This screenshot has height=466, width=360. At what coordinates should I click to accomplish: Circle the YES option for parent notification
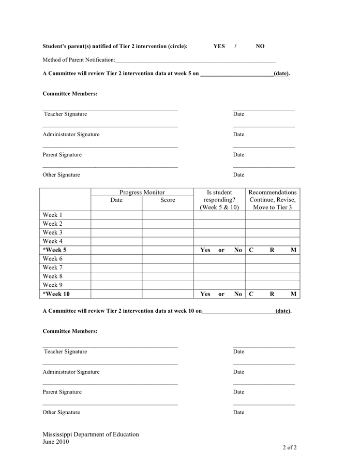(x=219, y=46)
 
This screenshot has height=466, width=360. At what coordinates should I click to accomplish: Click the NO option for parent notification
(x=260, y=46)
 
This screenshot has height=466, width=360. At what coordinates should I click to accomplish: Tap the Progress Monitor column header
(x=142, y=192)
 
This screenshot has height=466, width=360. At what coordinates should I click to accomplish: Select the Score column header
(x=168, y=200)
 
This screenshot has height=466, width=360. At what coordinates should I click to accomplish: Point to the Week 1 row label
(x=52, y=215)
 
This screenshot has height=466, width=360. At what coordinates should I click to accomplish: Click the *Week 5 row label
(x=54, y=250)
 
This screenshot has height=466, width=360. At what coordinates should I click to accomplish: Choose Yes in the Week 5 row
(x=205, y=250)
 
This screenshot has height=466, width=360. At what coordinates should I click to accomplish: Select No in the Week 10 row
(x=238, y=294)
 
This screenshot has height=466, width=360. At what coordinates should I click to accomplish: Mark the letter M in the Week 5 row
(x=293, y=250)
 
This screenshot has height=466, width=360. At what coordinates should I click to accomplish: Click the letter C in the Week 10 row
(x=251, y=294)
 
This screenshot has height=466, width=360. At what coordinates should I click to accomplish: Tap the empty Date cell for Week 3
(x=116, y=232)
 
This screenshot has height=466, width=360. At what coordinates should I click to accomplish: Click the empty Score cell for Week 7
(x=168, y=268)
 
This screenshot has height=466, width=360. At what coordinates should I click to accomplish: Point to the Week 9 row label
(x=52, y=285)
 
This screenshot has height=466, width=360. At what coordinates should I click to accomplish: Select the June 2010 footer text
(x=55, y=442)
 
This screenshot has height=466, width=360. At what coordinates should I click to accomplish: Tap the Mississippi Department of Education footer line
(x=91, y=434)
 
